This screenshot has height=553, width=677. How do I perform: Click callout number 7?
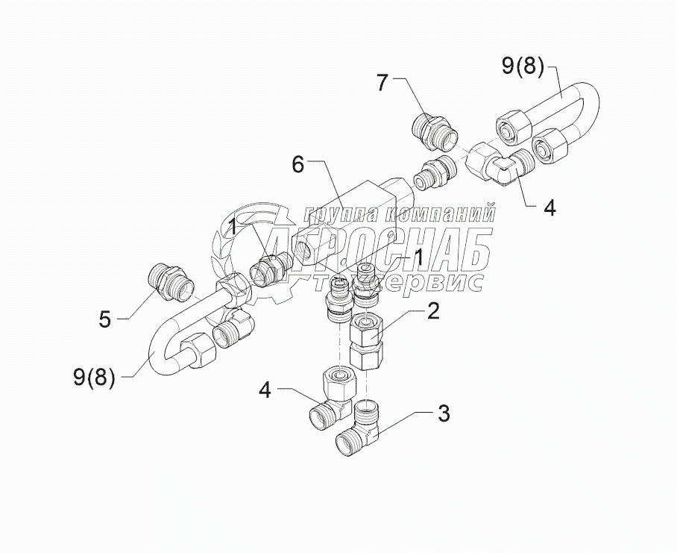[x=382, y=84]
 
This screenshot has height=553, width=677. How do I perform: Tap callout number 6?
[x=297, y=164]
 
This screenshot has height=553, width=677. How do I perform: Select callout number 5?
[x=105, y=319]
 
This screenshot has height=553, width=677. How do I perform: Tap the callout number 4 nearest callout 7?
[x=549, y=209]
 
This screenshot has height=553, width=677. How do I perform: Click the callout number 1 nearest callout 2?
[x=419, y=257]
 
